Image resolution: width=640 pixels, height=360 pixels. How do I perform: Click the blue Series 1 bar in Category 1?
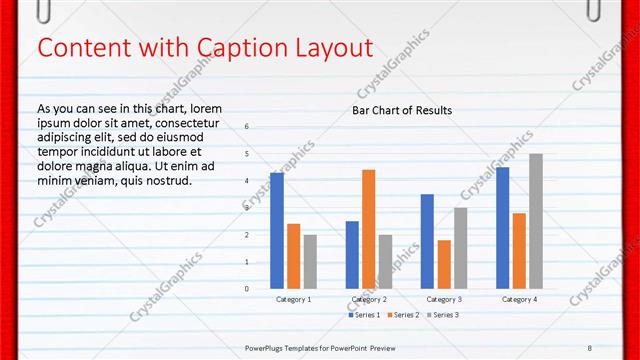pyautogui.click(x=277, y=230)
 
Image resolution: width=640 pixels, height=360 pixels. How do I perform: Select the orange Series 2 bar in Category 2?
pyautogui.click(x=369, y=229)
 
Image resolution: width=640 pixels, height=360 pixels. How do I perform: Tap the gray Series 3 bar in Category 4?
pyautogui.click(x=536, y=221)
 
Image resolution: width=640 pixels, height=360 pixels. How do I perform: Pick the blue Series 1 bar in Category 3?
pyautogui.click(x=427, y=241)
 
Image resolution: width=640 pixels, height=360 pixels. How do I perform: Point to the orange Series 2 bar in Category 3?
pyautogui.click(x=444, y=264)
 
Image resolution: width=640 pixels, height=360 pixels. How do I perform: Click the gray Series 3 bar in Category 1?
pyautogui.click(x=310, y=261)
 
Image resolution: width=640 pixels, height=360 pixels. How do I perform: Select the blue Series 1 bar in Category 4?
pyautogui.click(x=502, y=228)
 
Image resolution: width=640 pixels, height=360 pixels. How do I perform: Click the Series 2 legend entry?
pyautogui.click(x=404, y=315)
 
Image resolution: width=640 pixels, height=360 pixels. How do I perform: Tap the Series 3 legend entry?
pyautogui.click(x=442, y=315)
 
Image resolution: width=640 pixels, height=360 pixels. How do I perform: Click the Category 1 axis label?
pyautogui.click(x=294, y=299)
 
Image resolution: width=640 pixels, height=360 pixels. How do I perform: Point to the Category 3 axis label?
pyautogui.click(x=444, y=299)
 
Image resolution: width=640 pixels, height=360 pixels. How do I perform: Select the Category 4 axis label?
pyautogui.click(x=519, y=299)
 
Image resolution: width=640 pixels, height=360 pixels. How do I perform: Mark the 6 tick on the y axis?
pyautogui.click(x=247, y=127)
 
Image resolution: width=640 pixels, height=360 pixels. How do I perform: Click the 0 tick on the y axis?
pyautogui.click(x=247, y=289)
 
